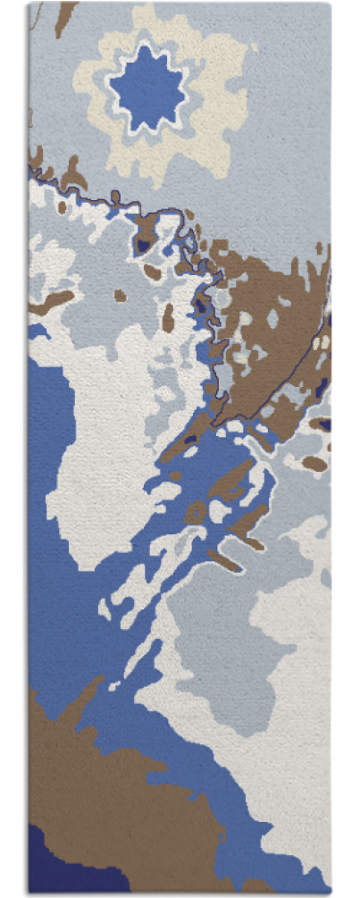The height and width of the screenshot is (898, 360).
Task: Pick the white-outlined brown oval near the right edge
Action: pyautogui.click(x=314, y=464)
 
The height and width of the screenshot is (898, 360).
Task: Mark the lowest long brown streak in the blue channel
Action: pyautogui.click(x=224, y=561)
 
